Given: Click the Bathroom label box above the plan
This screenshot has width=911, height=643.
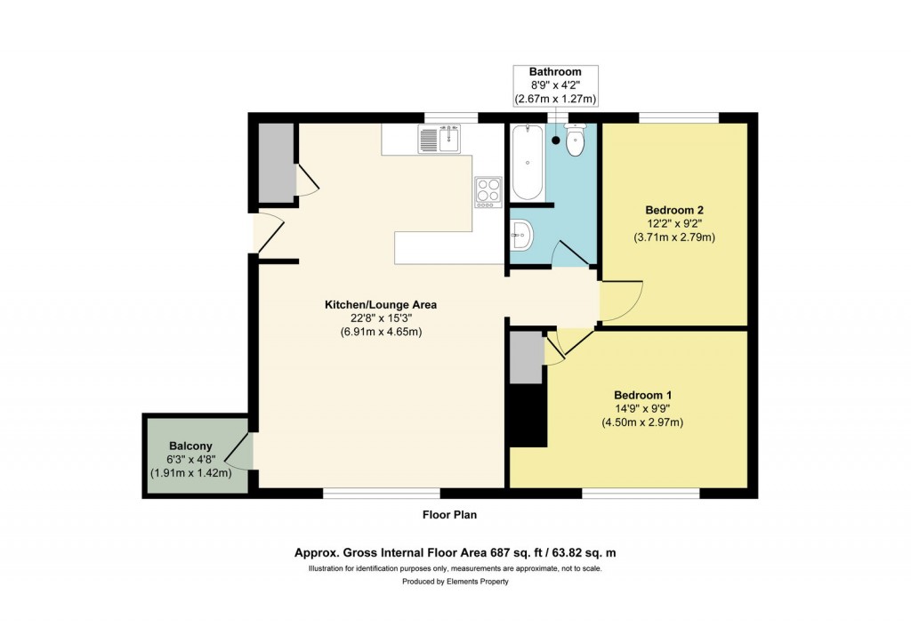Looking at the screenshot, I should click(555, 85).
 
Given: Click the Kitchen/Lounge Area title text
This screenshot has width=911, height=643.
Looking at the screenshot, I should click(380, 305).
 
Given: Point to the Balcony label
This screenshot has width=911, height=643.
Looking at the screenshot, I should click(190, 446).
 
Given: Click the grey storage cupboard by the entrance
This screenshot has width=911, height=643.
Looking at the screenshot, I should click(275, 161).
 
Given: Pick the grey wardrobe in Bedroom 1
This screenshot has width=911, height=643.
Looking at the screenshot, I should click(526, 357).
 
